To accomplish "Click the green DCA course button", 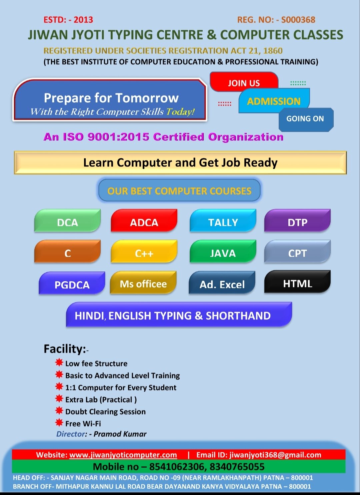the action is coord(67,220).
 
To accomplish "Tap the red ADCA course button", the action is coord(144,220).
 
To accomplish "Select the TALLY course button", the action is coord(223,220).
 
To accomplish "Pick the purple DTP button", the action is coord(297,220).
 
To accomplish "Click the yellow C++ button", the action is coord(144,251).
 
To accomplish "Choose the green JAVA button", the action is coord(223,251).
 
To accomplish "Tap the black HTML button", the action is coord(297,282).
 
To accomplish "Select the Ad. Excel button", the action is coord(222,282).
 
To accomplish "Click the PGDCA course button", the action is coord(72,283).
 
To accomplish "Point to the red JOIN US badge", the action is coord(244,81).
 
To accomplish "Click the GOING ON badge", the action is coord(306,120).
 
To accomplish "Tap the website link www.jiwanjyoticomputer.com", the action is coord(123,455).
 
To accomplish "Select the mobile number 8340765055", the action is coord(237,467).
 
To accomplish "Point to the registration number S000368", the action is coord(298,20).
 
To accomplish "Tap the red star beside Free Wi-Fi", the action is coord(59,422).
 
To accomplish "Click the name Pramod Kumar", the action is coord(120,434).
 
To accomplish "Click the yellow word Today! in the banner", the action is coord(180,112).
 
